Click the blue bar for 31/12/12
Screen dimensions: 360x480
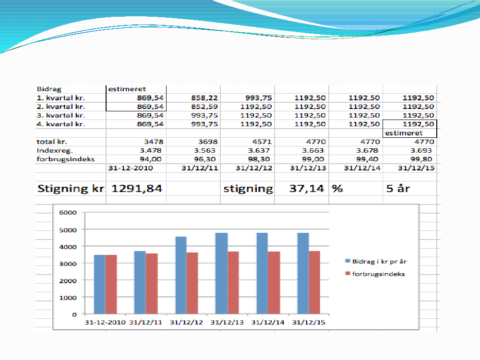180,275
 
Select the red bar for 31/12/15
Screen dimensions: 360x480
314,282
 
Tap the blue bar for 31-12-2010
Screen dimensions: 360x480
99,284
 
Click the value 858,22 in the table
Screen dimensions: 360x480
205,98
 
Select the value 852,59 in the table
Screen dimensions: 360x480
205,107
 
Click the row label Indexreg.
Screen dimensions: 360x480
52,150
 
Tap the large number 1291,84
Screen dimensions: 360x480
137,189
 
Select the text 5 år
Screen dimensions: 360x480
398,189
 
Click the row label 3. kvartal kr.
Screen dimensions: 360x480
61,115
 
